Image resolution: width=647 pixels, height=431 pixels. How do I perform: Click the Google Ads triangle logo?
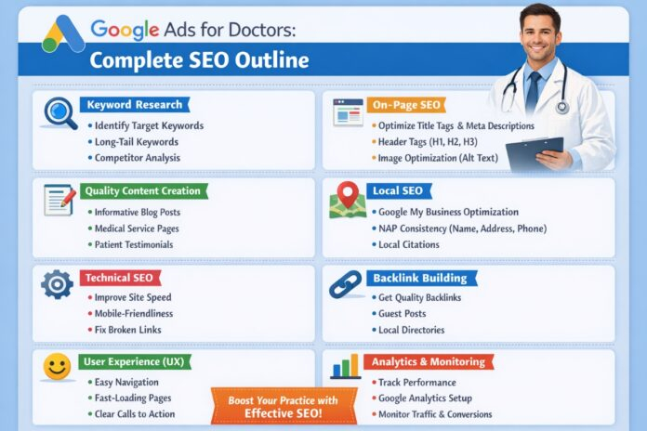tap(63, 34)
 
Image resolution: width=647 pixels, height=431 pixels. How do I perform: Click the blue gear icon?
tap(58, 283)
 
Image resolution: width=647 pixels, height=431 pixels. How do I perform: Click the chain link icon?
tap(346, 284)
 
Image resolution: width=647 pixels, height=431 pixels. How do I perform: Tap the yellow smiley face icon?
tap(58, 368)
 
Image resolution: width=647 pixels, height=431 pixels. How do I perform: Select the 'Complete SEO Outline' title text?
tap(199, 61)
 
